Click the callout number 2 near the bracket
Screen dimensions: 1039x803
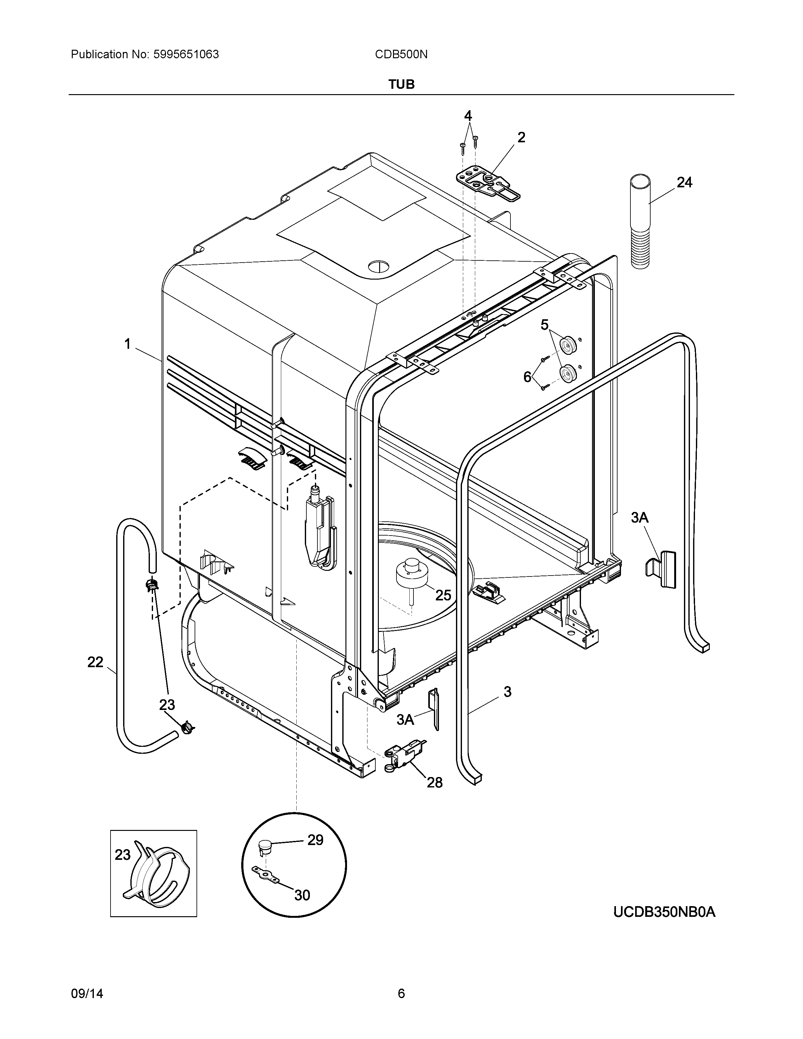click(521, 138)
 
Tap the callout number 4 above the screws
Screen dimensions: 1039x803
click(468, 116)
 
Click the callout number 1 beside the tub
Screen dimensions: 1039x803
click(128, 343)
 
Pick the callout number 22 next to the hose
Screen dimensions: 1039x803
click(95, 662)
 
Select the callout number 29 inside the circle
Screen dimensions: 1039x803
click(315, 840)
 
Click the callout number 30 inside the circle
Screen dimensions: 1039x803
click(302, 895)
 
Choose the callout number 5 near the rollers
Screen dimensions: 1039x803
click(545, 325)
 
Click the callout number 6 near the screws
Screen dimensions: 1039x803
click(527, 377)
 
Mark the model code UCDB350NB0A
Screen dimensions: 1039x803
click(664, 912)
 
